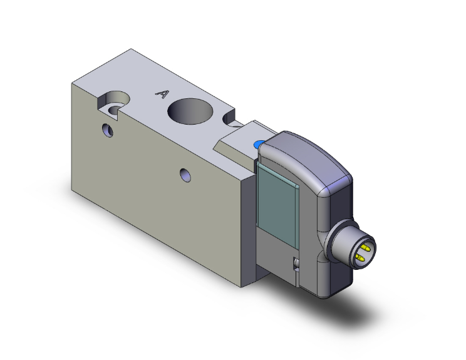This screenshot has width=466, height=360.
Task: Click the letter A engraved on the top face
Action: coord(162,94)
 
